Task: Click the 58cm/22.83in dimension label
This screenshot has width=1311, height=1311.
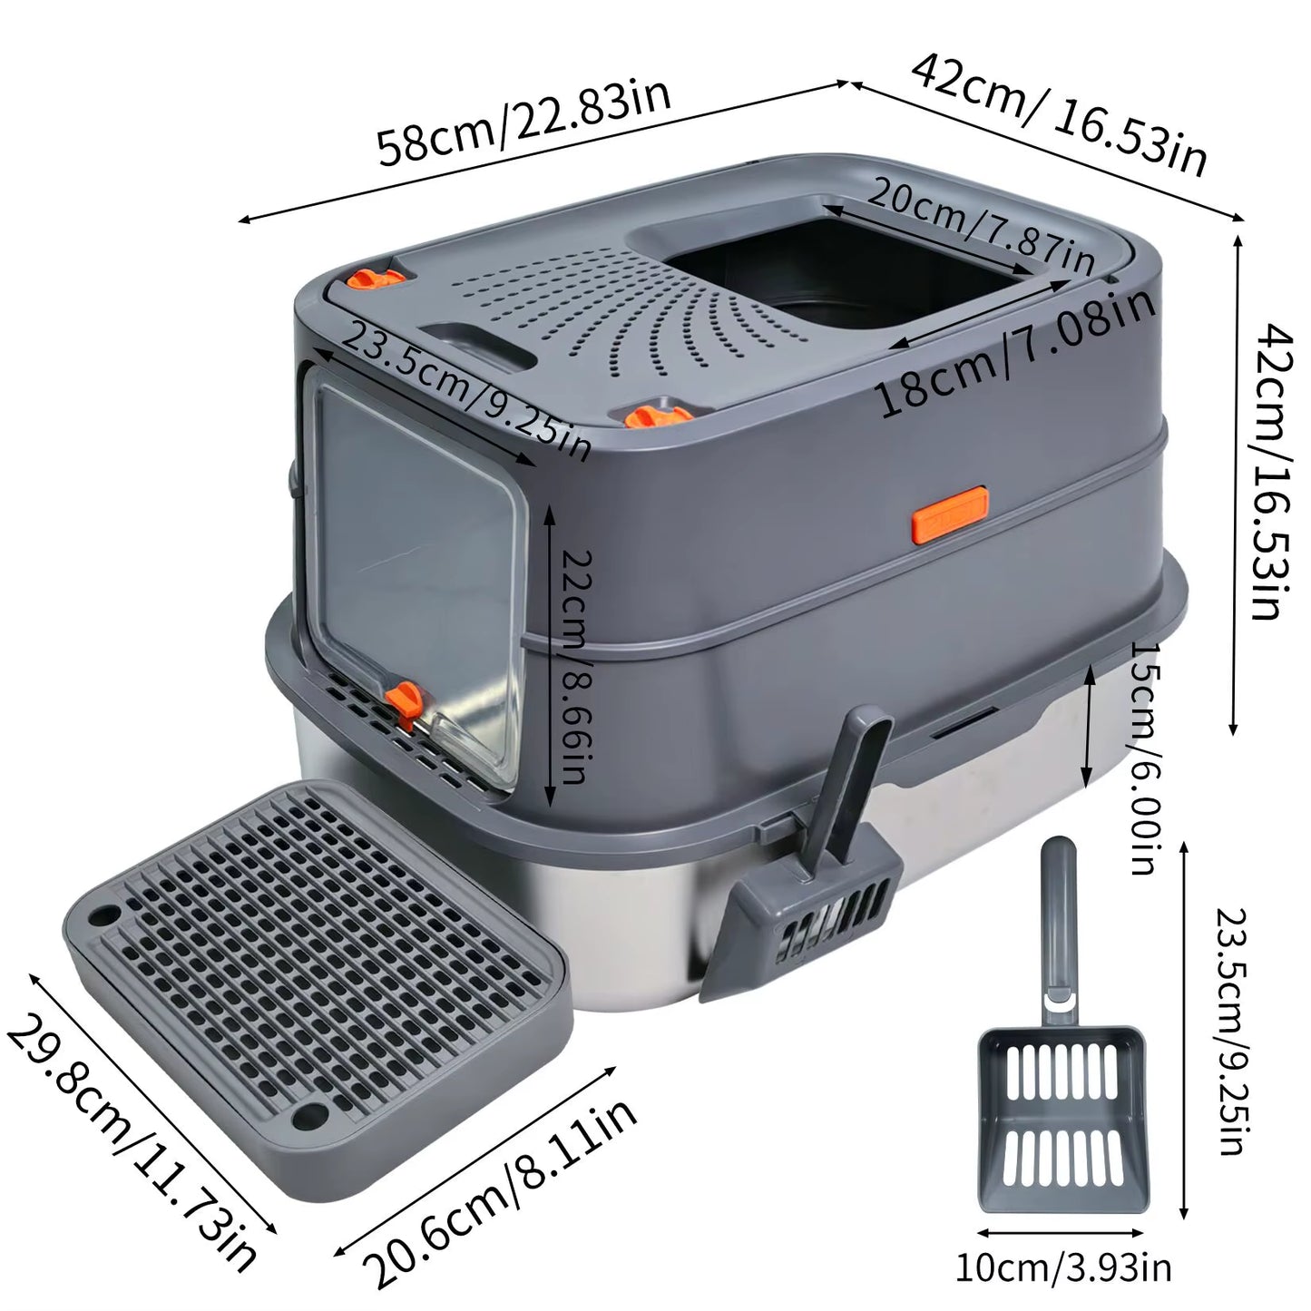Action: (524, 122)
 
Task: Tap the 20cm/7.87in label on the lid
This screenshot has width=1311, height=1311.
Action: (981, 225)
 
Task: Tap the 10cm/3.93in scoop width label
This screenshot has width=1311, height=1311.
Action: (1062, 1267)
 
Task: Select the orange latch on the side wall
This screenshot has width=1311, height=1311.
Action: (950, 525)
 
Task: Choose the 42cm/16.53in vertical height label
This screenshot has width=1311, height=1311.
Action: (1267, 472)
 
